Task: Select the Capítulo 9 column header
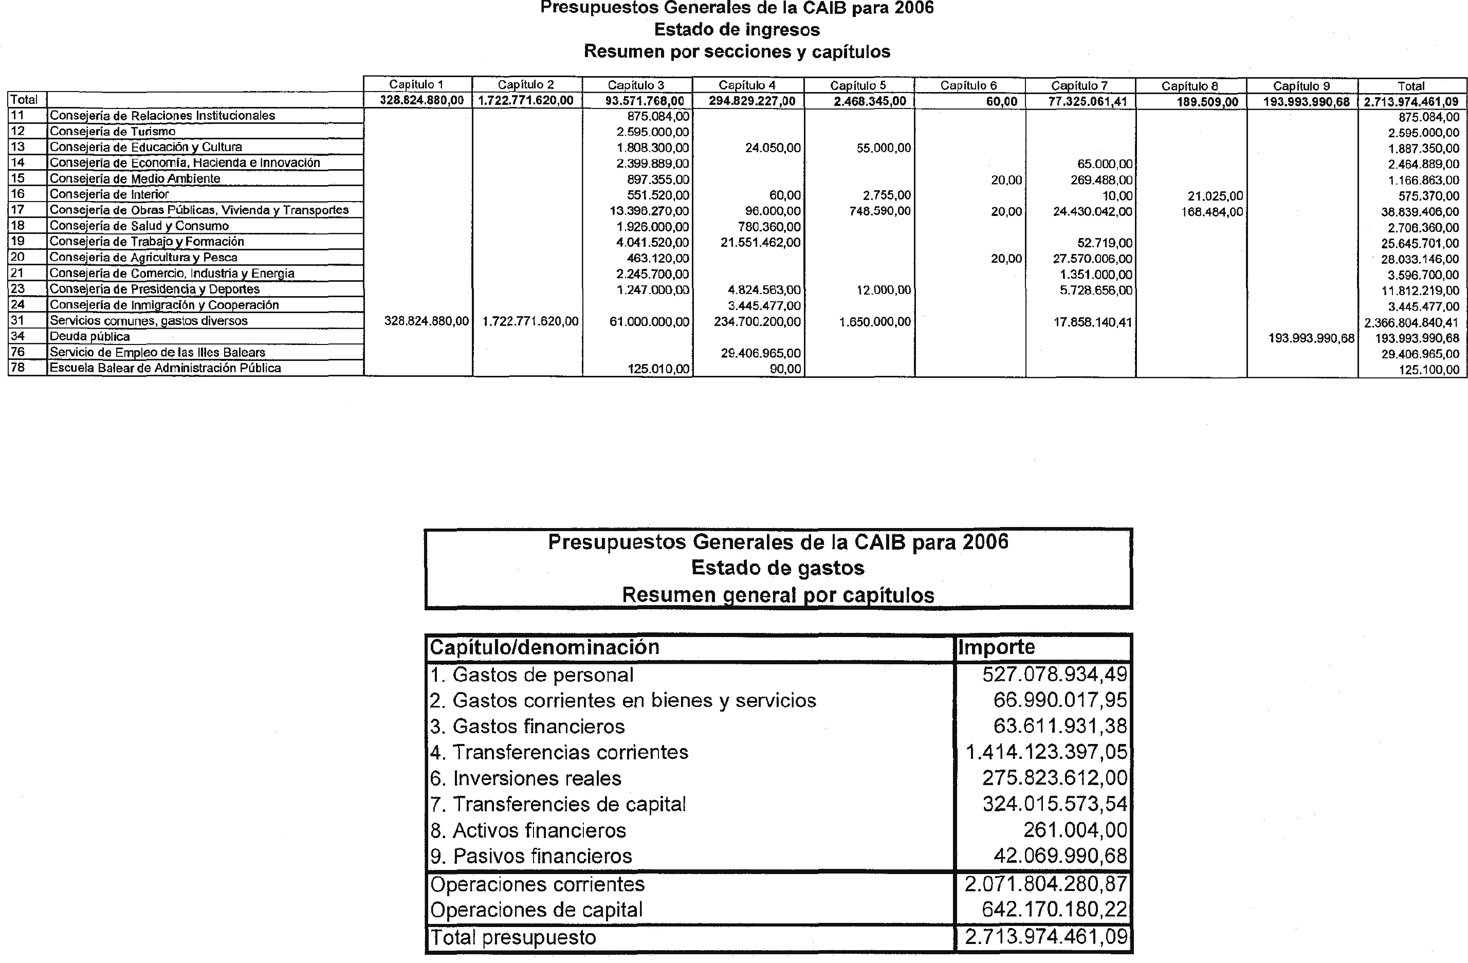coord(1301,86)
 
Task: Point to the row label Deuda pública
coord(89,337)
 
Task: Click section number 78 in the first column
coord(17,368)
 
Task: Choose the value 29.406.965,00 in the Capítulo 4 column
coord(761,353)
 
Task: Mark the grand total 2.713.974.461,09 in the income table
coord(1410,101)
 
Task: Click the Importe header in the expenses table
coord(996,647)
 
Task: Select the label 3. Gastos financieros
coord(527,726)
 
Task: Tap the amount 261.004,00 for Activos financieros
coord(1075,830)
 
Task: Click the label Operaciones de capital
coord(536,910)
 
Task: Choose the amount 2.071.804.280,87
coord(1046,884)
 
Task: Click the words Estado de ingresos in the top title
coord(737,30)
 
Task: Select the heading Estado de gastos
coord(778,568)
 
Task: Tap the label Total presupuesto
coord(513,938)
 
